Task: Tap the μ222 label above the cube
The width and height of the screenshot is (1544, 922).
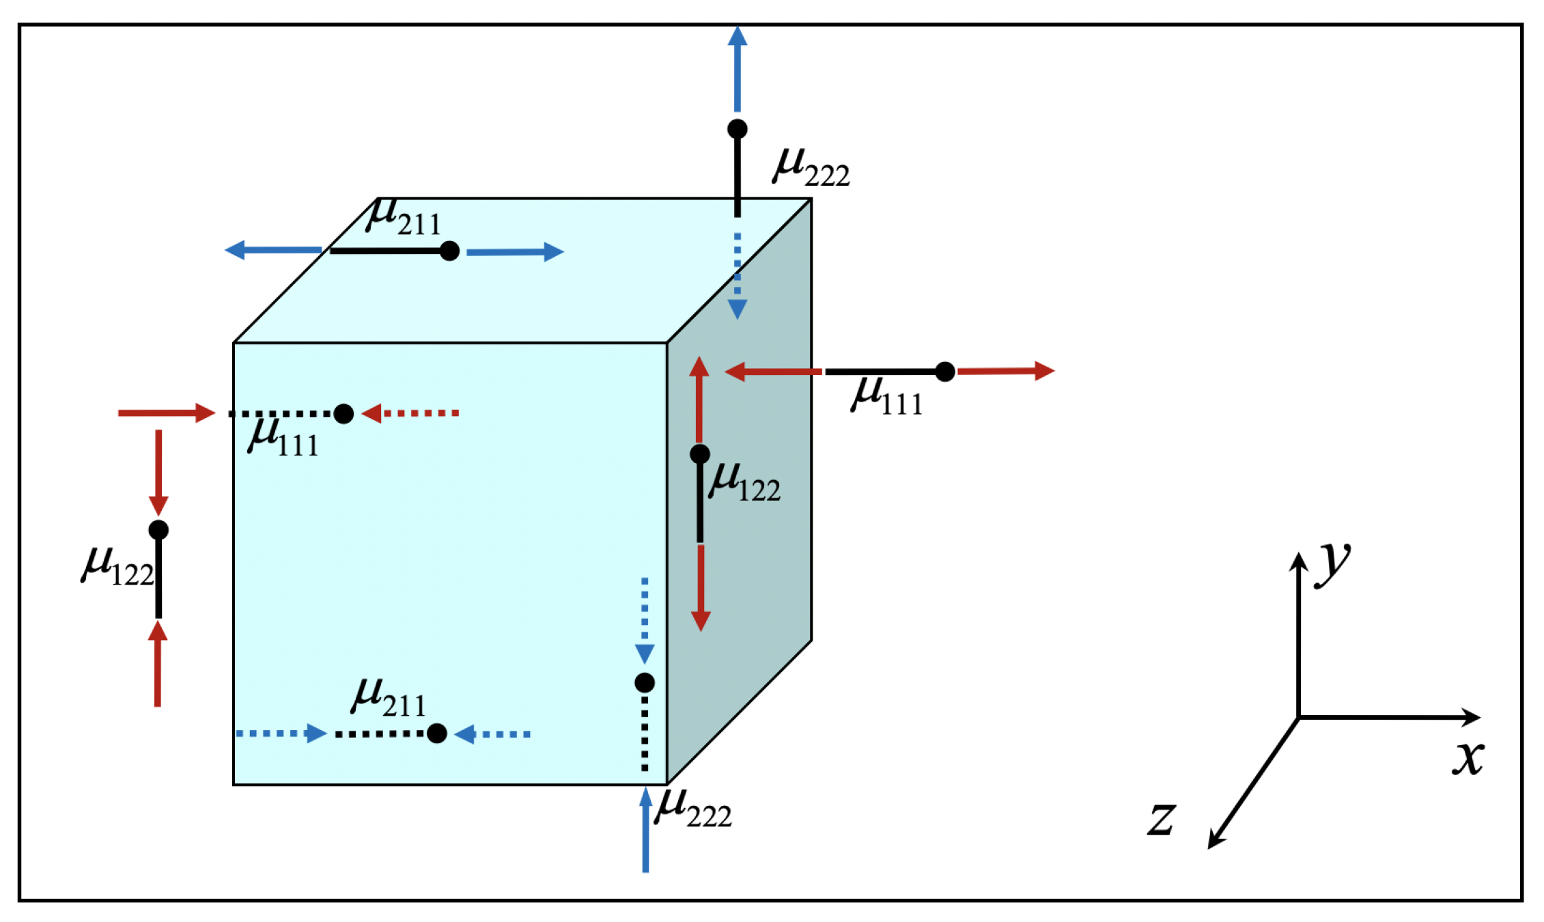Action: pos(811,167)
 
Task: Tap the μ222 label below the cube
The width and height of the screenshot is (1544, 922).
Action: pos(692,809)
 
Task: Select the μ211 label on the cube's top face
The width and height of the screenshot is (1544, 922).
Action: pos(403,217)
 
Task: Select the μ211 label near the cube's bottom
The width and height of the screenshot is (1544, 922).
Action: pos(388,698)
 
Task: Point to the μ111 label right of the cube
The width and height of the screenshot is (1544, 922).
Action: pos(886,396)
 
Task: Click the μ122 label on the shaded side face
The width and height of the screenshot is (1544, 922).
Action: pos(744,482)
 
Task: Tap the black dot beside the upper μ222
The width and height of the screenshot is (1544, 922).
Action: pos(737,128)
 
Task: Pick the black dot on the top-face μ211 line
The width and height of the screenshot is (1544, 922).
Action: pos(449,251)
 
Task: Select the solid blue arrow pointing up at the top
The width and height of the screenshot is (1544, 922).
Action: pos(737,68)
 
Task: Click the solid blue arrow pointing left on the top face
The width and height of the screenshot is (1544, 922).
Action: pos(273,250)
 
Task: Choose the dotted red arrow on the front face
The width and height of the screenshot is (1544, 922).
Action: pos(410,413)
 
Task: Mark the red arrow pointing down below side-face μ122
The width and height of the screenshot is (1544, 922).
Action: pos(701,587)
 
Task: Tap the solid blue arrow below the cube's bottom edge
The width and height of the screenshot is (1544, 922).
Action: pos(645,830)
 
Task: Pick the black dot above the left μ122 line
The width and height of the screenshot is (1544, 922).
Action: pos(158,529)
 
